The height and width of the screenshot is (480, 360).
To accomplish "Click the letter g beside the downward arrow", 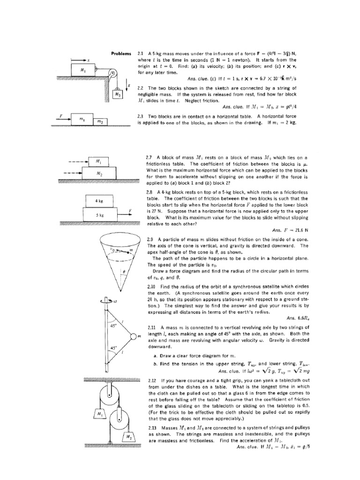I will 129,85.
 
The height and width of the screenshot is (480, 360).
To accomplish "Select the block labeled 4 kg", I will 98,201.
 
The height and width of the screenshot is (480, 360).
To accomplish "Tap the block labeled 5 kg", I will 99,215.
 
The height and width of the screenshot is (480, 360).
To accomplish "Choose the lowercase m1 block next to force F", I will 81,119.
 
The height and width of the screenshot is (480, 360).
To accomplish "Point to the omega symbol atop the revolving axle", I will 115,301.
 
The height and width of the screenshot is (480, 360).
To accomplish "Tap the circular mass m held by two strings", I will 133,336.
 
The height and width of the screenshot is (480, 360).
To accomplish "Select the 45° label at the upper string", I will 112,325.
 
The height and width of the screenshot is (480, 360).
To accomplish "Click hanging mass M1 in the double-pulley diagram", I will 100,414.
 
